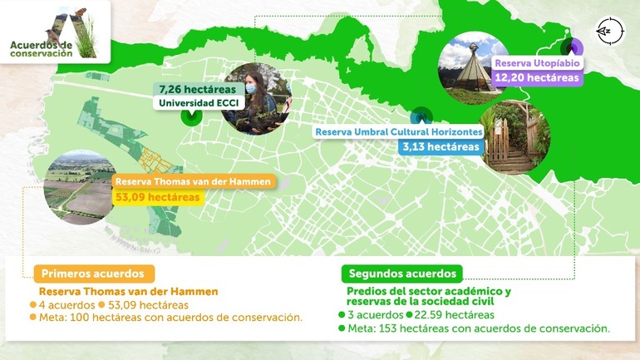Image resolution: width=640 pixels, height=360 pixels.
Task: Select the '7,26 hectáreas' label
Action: coord(197,89)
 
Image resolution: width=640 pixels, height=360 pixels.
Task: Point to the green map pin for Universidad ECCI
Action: coord(192,116)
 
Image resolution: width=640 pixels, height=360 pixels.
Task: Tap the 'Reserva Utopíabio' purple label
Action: coord(537,63)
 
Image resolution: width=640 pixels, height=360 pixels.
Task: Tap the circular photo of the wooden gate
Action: coord(514,136)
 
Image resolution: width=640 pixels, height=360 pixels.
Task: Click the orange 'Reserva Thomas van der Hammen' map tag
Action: coord(193,182)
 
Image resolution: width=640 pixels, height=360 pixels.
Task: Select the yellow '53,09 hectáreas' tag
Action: coord(159,197)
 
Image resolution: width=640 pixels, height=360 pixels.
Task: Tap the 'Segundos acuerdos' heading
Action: coord(402,274)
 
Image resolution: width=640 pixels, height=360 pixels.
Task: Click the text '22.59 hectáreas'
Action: coord(454,315)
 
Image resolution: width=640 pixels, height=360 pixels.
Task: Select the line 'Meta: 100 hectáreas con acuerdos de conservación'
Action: coord(170,317)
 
